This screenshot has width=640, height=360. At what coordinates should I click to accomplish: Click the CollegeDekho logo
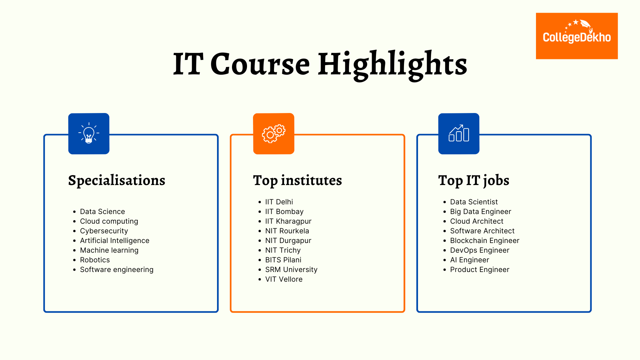point(577,36)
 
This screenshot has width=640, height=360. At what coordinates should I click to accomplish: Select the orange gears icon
point(274,134)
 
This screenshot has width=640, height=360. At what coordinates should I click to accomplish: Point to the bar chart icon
point(459,134)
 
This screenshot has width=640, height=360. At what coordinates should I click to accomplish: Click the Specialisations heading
point(117,181)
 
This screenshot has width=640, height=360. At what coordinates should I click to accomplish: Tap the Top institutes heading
point(297,181)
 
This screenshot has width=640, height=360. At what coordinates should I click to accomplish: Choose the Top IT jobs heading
point(474,181)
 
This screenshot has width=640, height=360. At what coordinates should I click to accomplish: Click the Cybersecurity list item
point(104,231)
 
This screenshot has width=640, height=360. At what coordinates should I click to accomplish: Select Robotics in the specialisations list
point(95,260)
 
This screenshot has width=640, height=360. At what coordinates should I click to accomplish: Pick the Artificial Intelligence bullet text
point(115,241)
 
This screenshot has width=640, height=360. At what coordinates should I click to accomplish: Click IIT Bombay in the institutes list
point(284,212)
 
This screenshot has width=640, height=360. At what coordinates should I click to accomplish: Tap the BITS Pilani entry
point(283,260)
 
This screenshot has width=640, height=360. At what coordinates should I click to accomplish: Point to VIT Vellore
point(284,279)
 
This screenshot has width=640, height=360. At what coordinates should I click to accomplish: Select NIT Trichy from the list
point(283,250)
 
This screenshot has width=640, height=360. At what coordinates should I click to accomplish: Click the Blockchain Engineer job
point(485,241)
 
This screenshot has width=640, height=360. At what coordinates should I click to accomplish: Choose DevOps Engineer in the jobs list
point(480,250)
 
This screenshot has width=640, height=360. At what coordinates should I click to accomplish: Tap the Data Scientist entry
point(474,202)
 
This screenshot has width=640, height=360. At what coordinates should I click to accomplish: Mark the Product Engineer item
point(480,270)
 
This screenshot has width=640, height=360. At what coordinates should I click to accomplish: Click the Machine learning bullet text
point(109,250)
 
